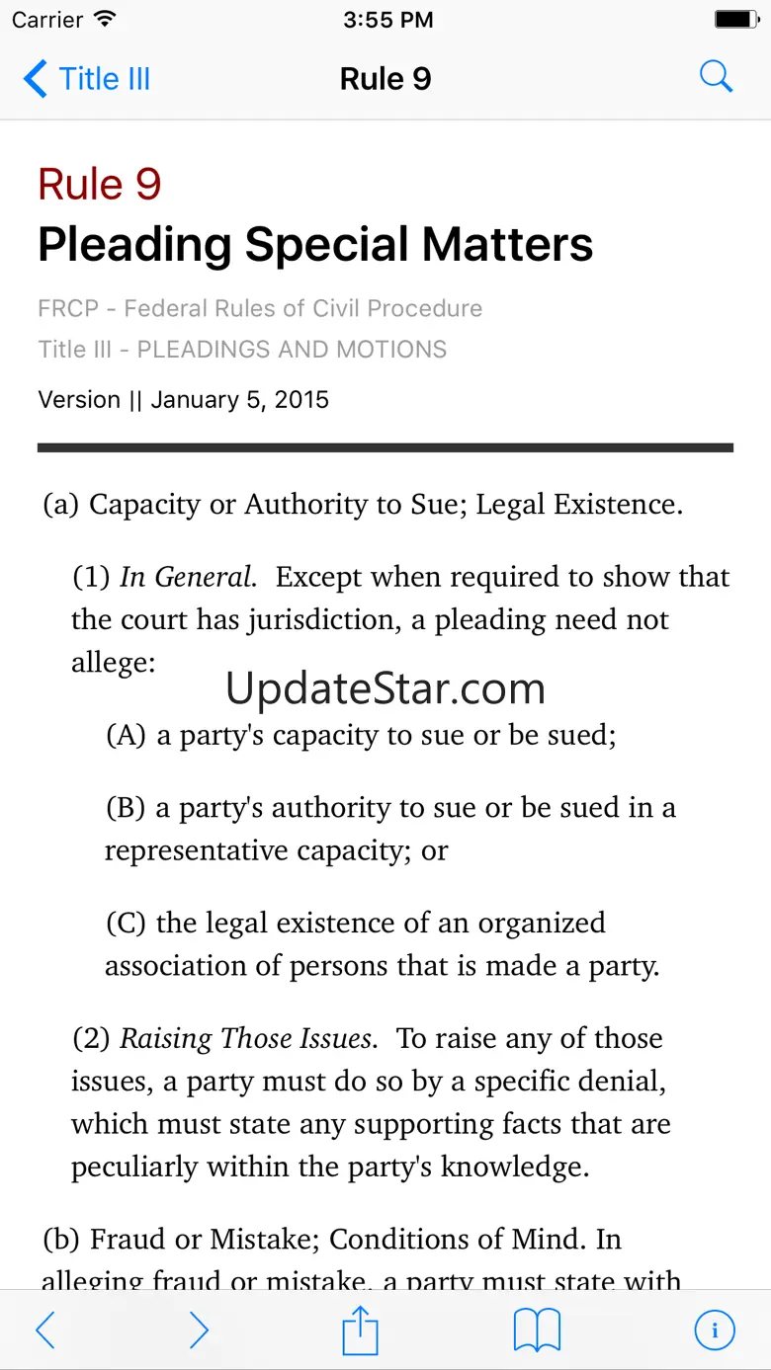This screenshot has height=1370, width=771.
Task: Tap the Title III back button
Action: pos(87,79)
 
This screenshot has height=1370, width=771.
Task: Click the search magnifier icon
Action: pos(716,77)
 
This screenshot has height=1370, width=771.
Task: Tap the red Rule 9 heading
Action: pos(99,185)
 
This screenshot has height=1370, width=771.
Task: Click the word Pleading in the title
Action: pos(134,245)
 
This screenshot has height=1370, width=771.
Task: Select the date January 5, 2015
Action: pos(240,400)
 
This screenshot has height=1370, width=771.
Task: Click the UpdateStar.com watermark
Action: pos(385,688)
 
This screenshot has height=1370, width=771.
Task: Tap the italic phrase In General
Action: pos(188,577)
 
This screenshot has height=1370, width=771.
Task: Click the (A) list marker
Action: pos(126,736)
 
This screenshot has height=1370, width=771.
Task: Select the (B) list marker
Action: pos(126,808)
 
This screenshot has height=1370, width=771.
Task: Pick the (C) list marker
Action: pos(126,924)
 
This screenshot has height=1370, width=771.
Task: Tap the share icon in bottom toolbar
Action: pos(361,1330)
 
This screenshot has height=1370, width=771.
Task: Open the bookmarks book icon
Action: pos(537,1330)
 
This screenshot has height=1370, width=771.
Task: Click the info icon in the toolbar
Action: pos(715,1330)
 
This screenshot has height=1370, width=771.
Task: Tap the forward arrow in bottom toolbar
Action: pos(199,1330)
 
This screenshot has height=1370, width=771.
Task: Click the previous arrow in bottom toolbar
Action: pos(45,1330)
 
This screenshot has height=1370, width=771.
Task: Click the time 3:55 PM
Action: pos(387,19)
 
